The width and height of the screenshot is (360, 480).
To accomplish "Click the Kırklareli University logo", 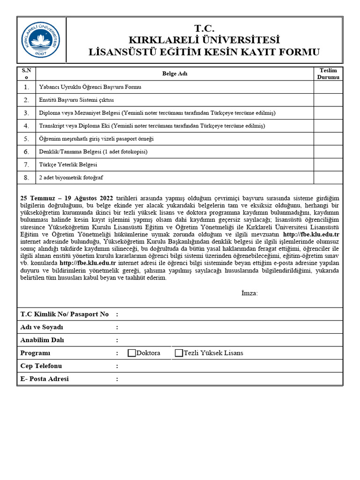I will [x=41, y=40].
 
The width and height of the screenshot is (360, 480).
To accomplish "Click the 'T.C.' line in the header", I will [x=204, y=29].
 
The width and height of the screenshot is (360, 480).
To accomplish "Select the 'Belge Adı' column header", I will [x=174, y=74].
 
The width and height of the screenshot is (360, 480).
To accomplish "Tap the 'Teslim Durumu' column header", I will [x=328, y=74].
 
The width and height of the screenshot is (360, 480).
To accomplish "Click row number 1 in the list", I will [x=27, y=87].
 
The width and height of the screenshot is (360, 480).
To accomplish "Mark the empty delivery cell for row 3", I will [x=328, y=113].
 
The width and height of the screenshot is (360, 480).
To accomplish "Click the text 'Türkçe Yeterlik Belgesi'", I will [x=68, y=165].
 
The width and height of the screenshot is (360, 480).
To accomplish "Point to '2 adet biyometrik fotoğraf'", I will [x=71, y=178].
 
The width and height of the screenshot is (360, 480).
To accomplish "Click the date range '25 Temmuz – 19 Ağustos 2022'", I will [x=67, y=198].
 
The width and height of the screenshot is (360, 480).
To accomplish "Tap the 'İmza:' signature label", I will [x=249, y=293].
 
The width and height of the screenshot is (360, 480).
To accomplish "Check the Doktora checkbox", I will [x=132, y=353].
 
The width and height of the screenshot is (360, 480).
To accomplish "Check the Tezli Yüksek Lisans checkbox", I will [x=179, y=353].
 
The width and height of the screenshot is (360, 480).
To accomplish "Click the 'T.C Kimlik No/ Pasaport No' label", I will [x=65, y=314].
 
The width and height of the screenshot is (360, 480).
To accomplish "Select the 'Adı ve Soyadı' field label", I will [x=42, y=327].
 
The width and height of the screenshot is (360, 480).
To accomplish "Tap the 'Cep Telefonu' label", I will [x=41, y=366].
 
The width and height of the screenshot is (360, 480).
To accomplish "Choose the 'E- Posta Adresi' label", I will [x=45, y=379].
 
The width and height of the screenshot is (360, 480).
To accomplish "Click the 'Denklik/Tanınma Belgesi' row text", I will [x=93, y=152].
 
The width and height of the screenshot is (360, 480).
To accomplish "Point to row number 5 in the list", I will [x=27, y=139].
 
